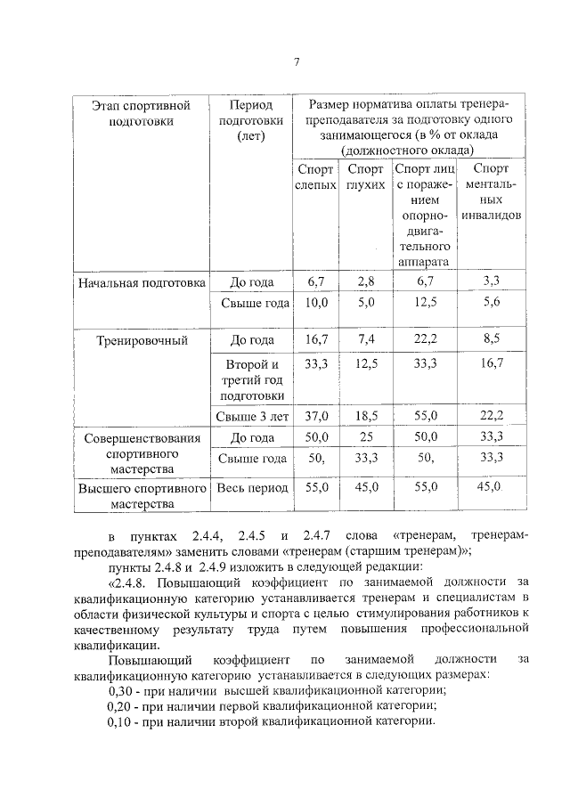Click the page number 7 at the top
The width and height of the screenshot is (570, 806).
click(x=297, y=61)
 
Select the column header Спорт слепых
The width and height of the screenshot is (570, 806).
click(x=315, y=176)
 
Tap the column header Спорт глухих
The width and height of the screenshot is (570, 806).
click(x=365, y=176)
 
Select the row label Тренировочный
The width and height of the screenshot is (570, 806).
click(x=140, y=340)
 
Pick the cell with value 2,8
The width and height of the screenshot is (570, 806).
click(x=366, y=282)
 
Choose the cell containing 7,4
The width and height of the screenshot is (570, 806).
click(x=366, y=340)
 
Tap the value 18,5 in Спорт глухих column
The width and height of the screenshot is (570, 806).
click(x=366, y=416)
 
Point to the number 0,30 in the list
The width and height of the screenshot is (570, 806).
click(x=122, y=690)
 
